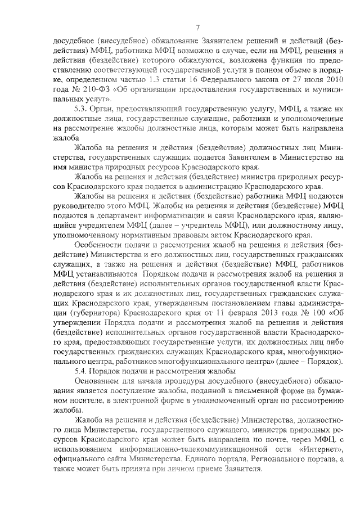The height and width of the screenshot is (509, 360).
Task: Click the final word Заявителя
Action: click(242, 470)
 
